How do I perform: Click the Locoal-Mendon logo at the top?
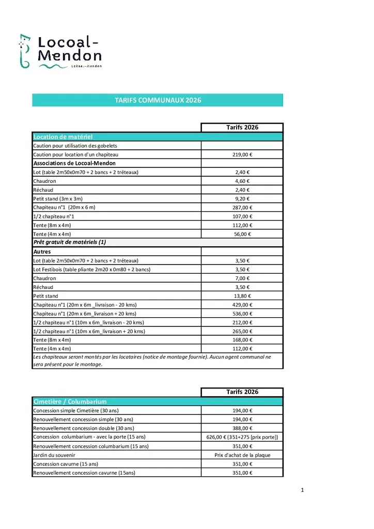click(60, 51)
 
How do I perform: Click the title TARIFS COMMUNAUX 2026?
click(158, 100)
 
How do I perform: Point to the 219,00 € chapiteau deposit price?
click(242, 154)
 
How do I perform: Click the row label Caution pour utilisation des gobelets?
click(75, 146)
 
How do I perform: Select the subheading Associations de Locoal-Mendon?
click(74, 163)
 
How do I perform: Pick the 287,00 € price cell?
click(242, 207)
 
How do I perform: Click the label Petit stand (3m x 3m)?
click(58, 198)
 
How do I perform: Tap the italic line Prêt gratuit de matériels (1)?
click(69, 242)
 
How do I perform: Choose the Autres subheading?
click(42, 252)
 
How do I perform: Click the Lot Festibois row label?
click(91, 269)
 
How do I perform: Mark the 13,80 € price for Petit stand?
click(242, 296)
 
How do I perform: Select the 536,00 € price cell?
click(242, 314)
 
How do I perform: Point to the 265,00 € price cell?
click(242, 331)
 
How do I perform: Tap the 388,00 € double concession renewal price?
click(242, 428)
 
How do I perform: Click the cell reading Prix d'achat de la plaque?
click(242, 455)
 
